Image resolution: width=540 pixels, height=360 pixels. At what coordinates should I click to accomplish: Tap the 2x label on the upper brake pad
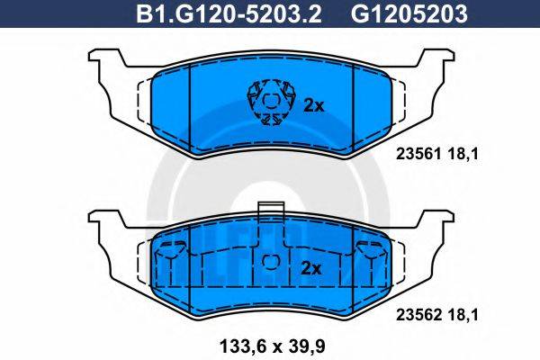point(312,105)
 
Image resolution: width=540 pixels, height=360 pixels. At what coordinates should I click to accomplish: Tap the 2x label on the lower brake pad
point(310,268)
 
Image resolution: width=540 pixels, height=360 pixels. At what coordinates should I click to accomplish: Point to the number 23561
point(416,154)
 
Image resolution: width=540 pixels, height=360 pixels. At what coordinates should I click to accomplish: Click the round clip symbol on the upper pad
point(269,102)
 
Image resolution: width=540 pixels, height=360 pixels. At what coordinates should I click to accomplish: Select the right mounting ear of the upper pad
point(436,65)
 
